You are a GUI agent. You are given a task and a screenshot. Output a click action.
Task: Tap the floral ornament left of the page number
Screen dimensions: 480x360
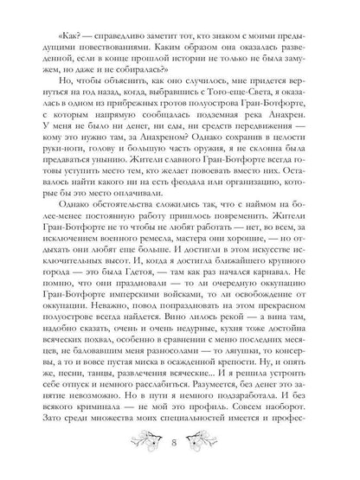coord(146,445)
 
